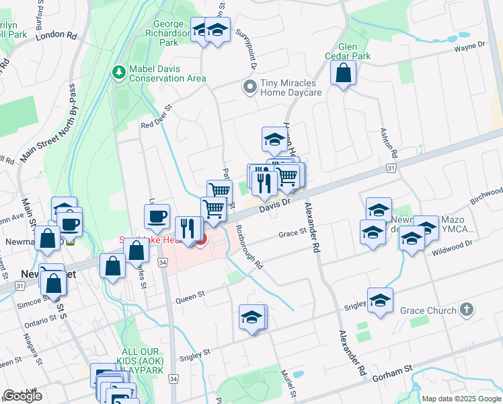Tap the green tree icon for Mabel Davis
point(119,71)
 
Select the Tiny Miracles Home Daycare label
point(291,88)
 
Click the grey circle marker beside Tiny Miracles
point(250,87)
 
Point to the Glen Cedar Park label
point(347,51)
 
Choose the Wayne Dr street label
point(469,47)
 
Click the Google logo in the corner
point(22,396)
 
